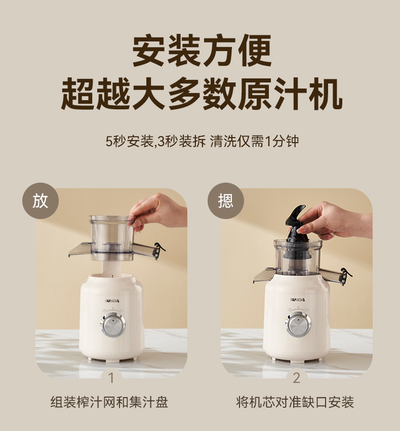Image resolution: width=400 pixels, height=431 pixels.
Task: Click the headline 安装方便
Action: [202, 51]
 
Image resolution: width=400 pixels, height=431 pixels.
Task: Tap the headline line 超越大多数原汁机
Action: [202, 94]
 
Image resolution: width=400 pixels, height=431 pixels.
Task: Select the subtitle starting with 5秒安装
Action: [202, 141]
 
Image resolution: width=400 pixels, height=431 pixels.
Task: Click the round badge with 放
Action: [41, 201]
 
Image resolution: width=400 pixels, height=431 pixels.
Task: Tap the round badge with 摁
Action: [226, 201]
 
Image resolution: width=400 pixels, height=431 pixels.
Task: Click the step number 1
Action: [111, 378]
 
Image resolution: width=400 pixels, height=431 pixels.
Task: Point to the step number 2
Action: [296, 378]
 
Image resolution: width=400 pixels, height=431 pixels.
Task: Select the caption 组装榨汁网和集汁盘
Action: [109, 402]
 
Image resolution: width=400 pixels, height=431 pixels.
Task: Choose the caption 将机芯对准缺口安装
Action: [295, 402]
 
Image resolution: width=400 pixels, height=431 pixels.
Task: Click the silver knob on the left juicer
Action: [113, 324]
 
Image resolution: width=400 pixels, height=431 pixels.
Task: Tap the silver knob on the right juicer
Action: [298, 324]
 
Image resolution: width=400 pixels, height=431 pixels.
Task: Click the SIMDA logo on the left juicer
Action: [112, 300]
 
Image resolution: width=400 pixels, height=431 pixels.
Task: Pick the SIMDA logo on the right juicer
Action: [297, 299]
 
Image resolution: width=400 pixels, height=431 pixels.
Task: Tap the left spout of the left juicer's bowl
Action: [81, 249]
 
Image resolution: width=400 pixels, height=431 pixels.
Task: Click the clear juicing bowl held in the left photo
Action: [111, 238]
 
